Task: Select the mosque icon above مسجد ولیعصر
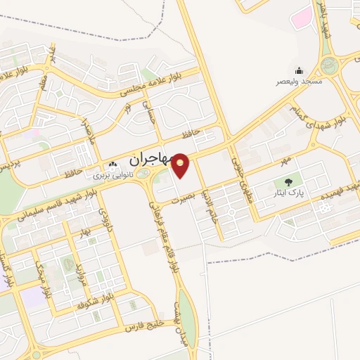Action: point(299,70)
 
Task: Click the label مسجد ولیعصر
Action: point(299,82)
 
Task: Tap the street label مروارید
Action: point(80,276)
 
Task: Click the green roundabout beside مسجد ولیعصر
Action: point(328,66)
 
